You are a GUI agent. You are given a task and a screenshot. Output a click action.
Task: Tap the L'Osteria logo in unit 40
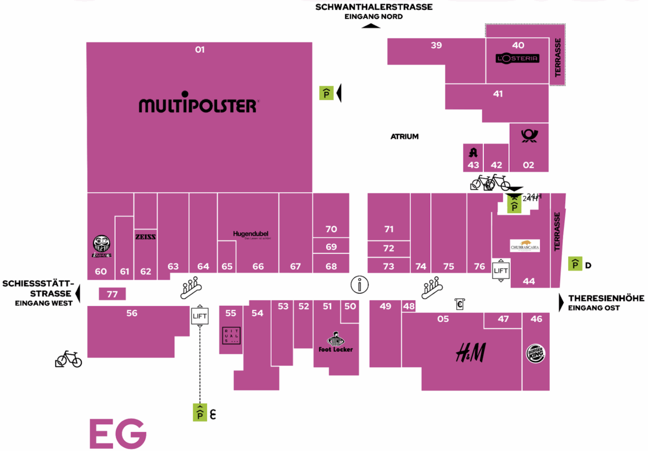518,58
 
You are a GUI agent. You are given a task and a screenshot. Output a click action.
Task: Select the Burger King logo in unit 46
536,354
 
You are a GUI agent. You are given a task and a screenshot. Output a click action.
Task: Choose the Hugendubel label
251,234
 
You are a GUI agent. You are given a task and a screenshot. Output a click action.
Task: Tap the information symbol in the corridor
359,284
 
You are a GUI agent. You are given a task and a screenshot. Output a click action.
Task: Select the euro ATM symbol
460,304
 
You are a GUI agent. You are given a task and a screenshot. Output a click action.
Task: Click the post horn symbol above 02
529,135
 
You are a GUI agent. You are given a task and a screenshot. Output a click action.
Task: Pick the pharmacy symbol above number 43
474,152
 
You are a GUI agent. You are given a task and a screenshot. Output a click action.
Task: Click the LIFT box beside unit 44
501,270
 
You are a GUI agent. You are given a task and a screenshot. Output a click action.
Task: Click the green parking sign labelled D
576,264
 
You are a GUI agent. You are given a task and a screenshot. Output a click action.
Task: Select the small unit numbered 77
112,294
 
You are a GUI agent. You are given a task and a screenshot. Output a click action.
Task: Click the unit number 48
409,306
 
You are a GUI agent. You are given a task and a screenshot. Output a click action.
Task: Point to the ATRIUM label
404,137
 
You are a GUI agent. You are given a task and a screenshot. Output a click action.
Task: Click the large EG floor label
117,433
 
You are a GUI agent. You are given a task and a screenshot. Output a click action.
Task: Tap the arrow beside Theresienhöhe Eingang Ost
562,302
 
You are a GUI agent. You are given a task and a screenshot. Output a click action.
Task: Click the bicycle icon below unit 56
69,359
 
